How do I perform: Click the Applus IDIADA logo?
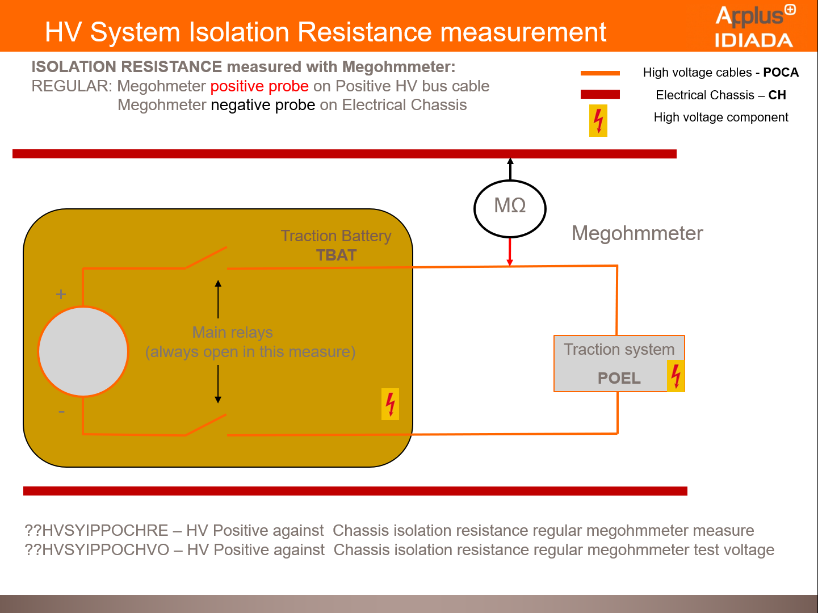coord(754,26)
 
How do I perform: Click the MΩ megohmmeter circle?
coord(510,208)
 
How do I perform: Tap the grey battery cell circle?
coord(83,351)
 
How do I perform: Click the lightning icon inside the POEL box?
coord(676,376)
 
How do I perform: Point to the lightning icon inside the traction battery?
coord(390,404)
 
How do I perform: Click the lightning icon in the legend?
coord(598,120)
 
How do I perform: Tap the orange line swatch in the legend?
coord(600,73)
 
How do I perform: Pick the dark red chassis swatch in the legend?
coord(600,94)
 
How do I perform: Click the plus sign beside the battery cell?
coord(61,294)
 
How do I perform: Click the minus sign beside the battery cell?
coord(61,412)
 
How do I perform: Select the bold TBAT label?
coord(336,255)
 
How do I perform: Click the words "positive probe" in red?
coord(259,86)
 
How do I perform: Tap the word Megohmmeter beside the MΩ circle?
coord(637,233)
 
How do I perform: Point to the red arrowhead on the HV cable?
coord(510,262)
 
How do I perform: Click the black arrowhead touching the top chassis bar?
coord(510,161)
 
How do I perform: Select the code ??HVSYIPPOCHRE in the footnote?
coord(97,530)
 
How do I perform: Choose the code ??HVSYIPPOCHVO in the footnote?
coord(97,549)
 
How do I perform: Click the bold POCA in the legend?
coord(781,72)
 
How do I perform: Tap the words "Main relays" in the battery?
coord(232,333)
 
